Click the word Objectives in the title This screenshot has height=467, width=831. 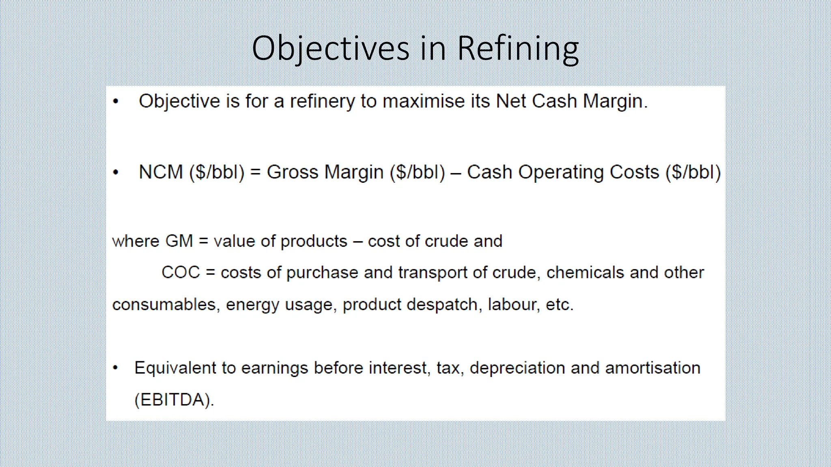click(x=330, y=49)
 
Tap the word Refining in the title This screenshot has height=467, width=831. click(x=518, y=49)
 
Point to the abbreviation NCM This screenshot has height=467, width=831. click(x=161, y=172)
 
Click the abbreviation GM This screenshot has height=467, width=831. click(x=179, y=241)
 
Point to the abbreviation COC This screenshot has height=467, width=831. click(x=181, y=272)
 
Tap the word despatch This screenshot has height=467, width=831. click(x=442, y=304)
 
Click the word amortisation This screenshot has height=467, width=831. click(x=652, y=368)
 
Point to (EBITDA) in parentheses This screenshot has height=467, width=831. click(x=174, y=400)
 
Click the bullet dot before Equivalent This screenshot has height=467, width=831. click(x=116, y=368)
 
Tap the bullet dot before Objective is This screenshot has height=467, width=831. click(x=116, y=101)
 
